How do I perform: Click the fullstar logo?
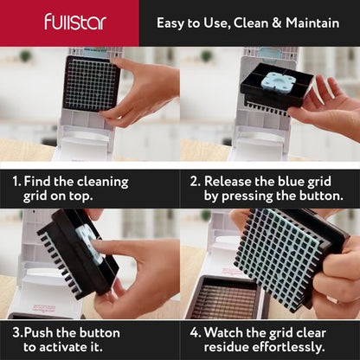click(75, 22)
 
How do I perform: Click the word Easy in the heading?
click(174, 22)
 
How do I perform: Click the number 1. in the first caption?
click(17, 182)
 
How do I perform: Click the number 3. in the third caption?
click(16, 332)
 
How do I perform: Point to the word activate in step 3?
click(70, 347)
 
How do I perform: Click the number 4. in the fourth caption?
click(197, 332)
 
